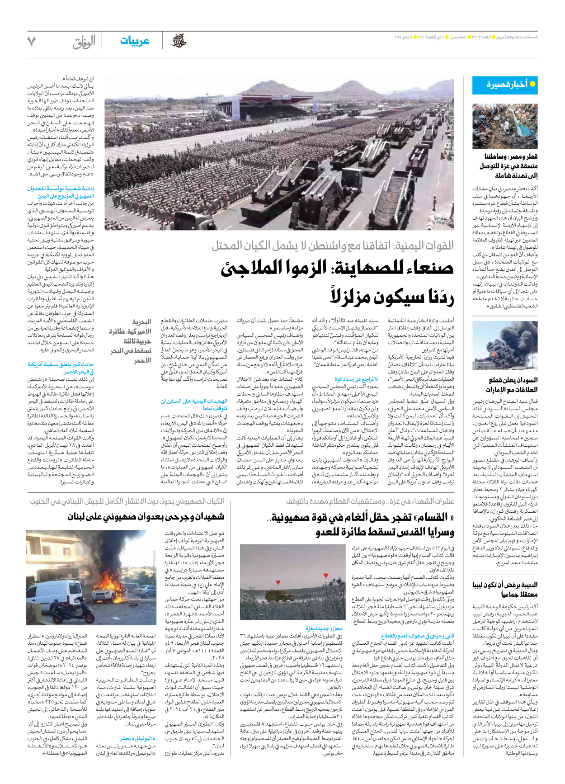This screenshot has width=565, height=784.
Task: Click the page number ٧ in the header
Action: click(31, 42)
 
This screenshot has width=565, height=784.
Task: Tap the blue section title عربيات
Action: click(135, 41)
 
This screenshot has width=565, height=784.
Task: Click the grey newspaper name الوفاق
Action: click(84, 42)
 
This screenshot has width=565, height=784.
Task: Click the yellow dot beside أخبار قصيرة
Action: click(532, 84)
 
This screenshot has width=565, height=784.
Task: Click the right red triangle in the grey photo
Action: click(325, 576)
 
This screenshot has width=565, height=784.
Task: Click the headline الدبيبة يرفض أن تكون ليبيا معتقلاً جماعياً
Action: click(505, 589)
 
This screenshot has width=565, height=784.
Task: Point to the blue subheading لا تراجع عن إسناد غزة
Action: click(356, 379)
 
